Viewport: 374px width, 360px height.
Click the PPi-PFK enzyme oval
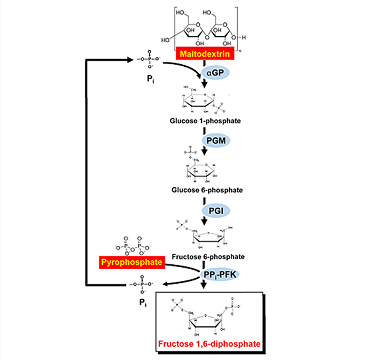pyautogui.click(x=220, y=274)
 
